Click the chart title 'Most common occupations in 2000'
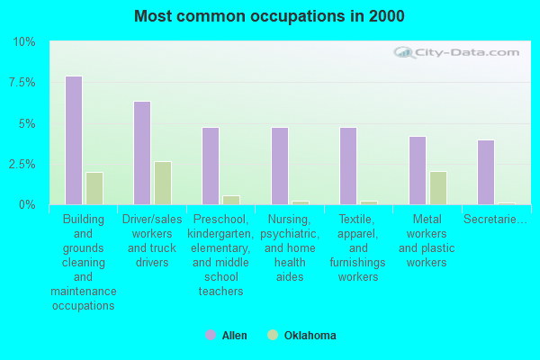pyautogui.click(x=269, y=16)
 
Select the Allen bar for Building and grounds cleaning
pyautogui.click(x=74, y=140)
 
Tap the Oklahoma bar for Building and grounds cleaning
pyautogui.click(x=94, y=188)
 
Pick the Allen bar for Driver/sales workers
pyautogui.click(x=142, y=153)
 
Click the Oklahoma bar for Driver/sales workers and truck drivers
pyautogui.click(x=163, y=183)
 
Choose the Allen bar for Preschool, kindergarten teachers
pyautogui.click(x=211, y=166)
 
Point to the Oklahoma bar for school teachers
pyautogui.click(x=231, y=200)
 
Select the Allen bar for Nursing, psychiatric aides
pyautogui.click(x=280, y=166)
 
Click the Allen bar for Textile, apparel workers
pyautogui.click(x=348, y=166)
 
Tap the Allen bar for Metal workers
pyautogui.click(x=418, y=170)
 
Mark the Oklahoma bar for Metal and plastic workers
pyautogui.click(x=438, y=188)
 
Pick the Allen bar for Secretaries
pyautogui.click(x=486, y=172)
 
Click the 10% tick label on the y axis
pyautogui.click(x=24, y=42)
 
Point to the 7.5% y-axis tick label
pyautogui.click(x=22, y=83)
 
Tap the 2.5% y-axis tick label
pyautogui.click(x=22, y=164)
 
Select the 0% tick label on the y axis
pyautogui.click(x=27, y=204)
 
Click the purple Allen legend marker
pyautogui.click(x=211, y=336)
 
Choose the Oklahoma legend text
pyautogui.click(x=310, y=336)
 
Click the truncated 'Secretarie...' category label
pyautogui.click(x=494, y=219)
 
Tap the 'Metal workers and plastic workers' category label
pyautogui.click(x=427, y=240)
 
